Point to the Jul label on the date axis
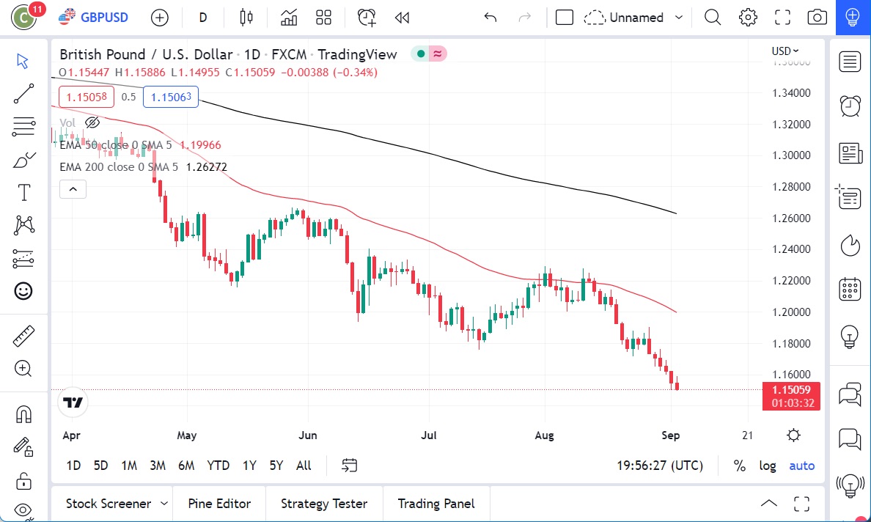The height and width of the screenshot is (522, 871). tap(429, 435)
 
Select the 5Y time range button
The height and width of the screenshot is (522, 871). tap(276, 466)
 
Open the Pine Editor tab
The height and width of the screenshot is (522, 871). tap(219, 504)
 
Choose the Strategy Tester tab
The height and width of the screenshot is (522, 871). tap(324, 504)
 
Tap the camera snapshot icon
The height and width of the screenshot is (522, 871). tap(817, 18)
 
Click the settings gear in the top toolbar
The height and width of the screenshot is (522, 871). tap(748, 18)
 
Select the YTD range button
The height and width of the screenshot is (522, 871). tap(218, 466)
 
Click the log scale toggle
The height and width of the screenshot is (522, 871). tap(768, 466)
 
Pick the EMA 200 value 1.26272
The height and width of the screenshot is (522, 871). tap(207, 167)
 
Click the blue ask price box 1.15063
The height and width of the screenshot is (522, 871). tap(171, 97)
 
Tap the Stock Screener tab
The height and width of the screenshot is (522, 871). tap(109, 504)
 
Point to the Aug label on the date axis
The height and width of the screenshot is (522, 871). tap(544, 435)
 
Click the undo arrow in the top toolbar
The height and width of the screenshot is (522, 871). tap(490, 18)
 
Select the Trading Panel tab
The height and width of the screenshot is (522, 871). tap(436, 504)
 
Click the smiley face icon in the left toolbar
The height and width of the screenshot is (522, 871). tap(23, 291)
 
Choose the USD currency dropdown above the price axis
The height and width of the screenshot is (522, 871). tap(784, 51)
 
